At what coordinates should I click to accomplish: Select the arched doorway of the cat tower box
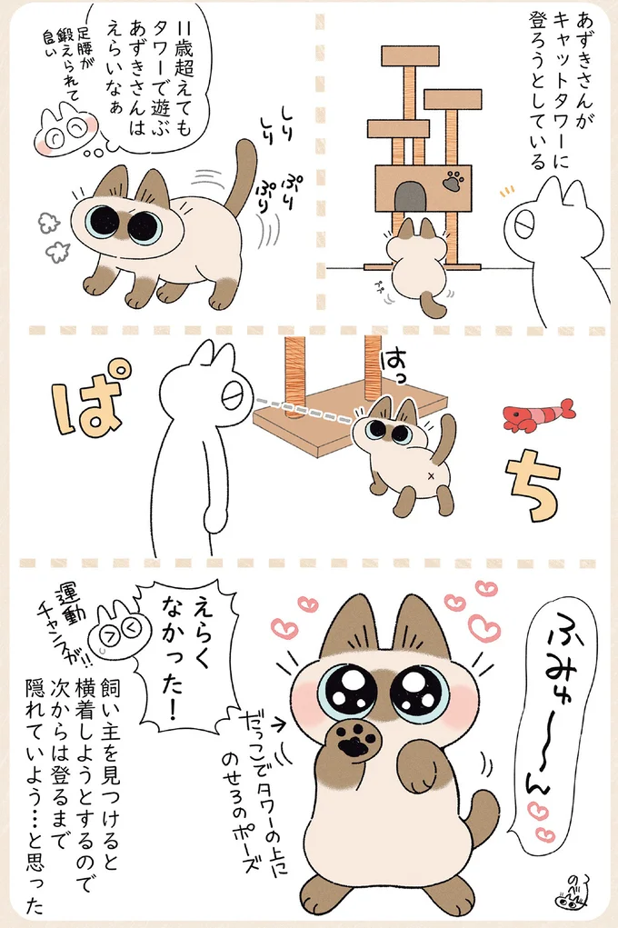point(411,195)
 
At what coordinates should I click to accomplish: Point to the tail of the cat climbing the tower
point(436,304)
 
